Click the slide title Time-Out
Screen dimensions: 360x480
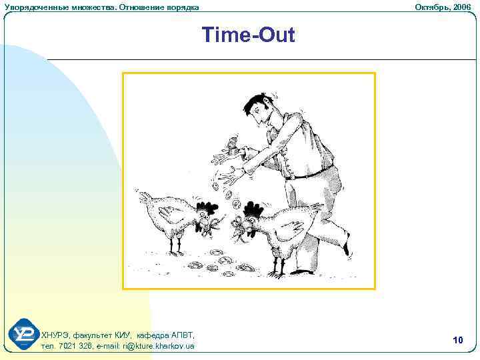(x=248, y=35)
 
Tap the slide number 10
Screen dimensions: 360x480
(x=457, y=341)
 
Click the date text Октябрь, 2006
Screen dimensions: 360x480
(x=443, y=7)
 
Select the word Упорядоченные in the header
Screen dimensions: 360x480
(x=30, y=7)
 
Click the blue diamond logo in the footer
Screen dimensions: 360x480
(x=24, y=335)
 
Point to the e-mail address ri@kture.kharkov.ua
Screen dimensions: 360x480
(x=153, y=346)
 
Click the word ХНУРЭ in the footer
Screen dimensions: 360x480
(x=54, y=335)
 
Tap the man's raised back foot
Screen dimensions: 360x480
(x=345, y=247)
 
